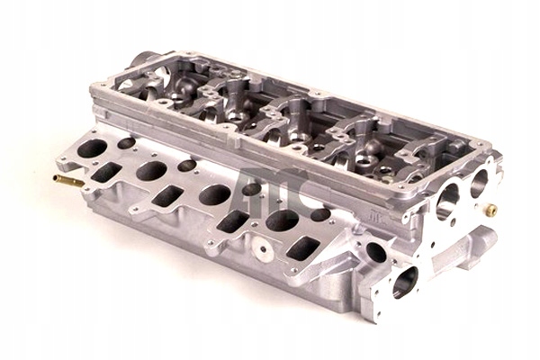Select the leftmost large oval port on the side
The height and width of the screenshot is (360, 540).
[x=92, y=148]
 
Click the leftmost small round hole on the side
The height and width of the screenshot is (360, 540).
[x=127, y=143]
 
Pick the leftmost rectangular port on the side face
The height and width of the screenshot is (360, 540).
[x=107, y=173]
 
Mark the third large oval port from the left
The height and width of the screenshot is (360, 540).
[x=214, y=194]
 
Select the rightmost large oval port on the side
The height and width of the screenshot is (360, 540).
[x=282, y=220]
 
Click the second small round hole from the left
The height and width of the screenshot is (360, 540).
[x=187, y=166]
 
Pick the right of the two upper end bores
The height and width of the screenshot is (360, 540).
[x=479, y=183]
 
